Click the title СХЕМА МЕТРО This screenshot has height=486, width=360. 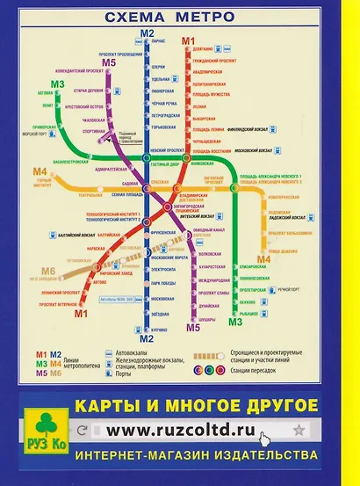pyautogui.click(x=169, y=17)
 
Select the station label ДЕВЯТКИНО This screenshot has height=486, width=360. pyautogui.click(x=203, y=49)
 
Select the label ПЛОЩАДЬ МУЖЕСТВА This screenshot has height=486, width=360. pyautogui.click(x=212, y=91)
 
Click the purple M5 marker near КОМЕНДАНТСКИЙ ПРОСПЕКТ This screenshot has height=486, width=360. pyautogui.click(x=109, y=62)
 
